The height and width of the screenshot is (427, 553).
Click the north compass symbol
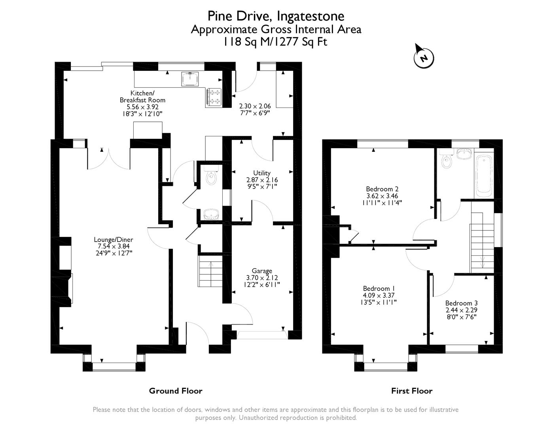point(424,57)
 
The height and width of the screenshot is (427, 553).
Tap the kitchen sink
point(190,79)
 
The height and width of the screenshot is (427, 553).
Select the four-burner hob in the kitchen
point(214,96)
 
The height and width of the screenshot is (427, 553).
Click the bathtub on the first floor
point(484,176)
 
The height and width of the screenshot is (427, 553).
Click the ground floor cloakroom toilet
point(211,175)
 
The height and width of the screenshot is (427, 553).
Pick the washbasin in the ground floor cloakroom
point(211,214)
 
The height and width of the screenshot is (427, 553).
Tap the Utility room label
point(262,173)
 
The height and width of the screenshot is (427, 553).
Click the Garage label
point(262,271)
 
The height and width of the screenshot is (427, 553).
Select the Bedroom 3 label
point(461,303)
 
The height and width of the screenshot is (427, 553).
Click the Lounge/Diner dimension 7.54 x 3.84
point(114,246)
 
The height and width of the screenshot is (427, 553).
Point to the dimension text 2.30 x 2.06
point(255,106)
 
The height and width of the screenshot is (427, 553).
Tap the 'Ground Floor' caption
point(176,391)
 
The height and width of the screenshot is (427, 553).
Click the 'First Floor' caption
point(412,391)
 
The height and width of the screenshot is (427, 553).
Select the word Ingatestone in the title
point(311,16)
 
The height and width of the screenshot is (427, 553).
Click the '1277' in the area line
point(286,42)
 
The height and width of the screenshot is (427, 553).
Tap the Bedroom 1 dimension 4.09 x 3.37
point(379,295)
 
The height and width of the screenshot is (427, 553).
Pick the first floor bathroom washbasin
point(464,154)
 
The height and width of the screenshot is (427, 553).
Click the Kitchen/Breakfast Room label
point(142,96)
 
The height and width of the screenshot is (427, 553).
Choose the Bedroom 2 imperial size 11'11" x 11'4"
point(382,203)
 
